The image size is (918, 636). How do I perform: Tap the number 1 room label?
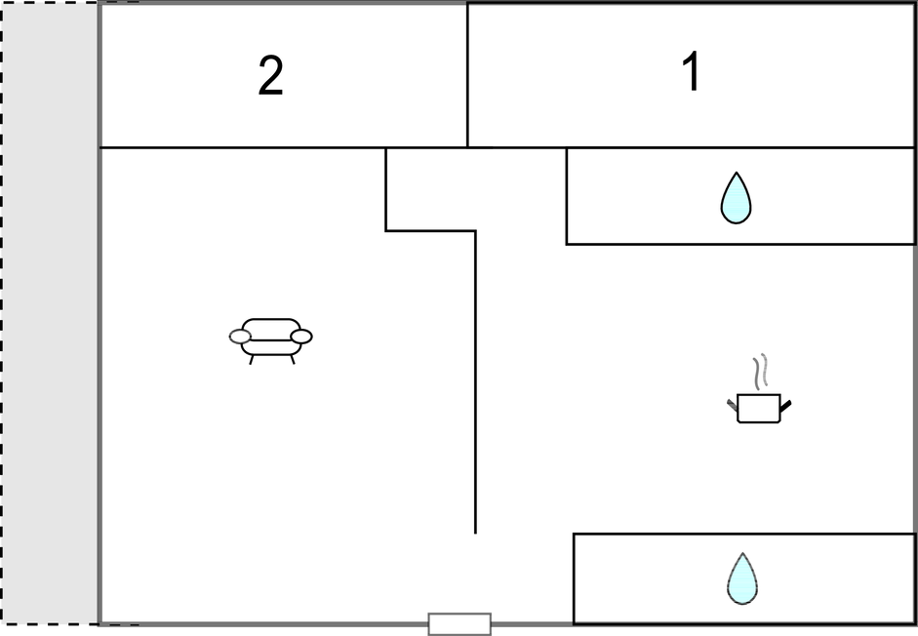click(x=692, y=73)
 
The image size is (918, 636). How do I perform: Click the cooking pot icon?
click(x=758, y=407)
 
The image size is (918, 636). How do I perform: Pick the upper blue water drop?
click(x=736, y=198)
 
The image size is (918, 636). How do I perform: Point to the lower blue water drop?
click(x=742, y=578)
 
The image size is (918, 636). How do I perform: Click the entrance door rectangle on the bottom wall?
click(x=459, y=624)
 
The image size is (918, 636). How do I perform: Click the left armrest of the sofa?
click(x=240, y=337)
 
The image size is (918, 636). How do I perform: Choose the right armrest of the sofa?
click(x=301, y=337)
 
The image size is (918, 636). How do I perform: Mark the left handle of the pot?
click(x=732, y=403)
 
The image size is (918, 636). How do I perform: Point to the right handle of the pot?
click(x=785, y=403)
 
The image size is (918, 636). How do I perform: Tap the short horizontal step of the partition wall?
click(x=430, y=231)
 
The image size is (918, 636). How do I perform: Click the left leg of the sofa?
click(x=252, y=359)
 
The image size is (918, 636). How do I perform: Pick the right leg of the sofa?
click(x=291, y=359)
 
